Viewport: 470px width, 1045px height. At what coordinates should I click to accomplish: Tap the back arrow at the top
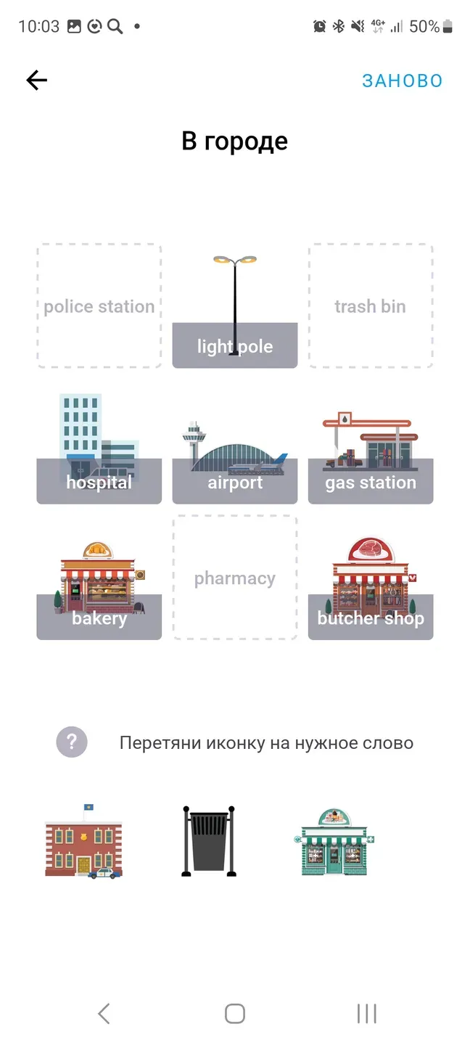point(36,81)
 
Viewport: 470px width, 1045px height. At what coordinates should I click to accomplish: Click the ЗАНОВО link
point(402,81)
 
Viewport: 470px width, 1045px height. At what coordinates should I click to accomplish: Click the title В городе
point(234,141)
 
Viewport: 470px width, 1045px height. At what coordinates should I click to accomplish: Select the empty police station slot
point(99,306)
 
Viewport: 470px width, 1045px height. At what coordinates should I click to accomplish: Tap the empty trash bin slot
point(370,306)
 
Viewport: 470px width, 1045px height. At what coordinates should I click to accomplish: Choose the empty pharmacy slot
point(234,578)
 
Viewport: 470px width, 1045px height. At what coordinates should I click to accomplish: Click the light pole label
point(234,347)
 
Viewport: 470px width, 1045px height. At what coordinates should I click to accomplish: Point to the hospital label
point(99,483)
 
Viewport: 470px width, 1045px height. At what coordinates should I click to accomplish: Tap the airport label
point(234,483)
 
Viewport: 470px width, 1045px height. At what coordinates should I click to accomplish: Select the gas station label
point(370,483)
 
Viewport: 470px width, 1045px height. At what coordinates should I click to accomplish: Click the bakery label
point(99,619)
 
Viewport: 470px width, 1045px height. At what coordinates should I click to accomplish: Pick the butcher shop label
point(370,619)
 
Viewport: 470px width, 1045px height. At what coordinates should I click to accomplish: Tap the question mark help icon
point(72,742)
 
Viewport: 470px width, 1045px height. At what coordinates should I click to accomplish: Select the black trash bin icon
point(209,842)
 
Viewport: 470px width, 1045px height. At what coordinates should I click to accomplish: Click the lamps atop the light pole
point(234,260)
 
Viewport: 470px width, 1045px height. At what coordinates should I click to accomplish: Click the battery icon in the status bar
point(448,27)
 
